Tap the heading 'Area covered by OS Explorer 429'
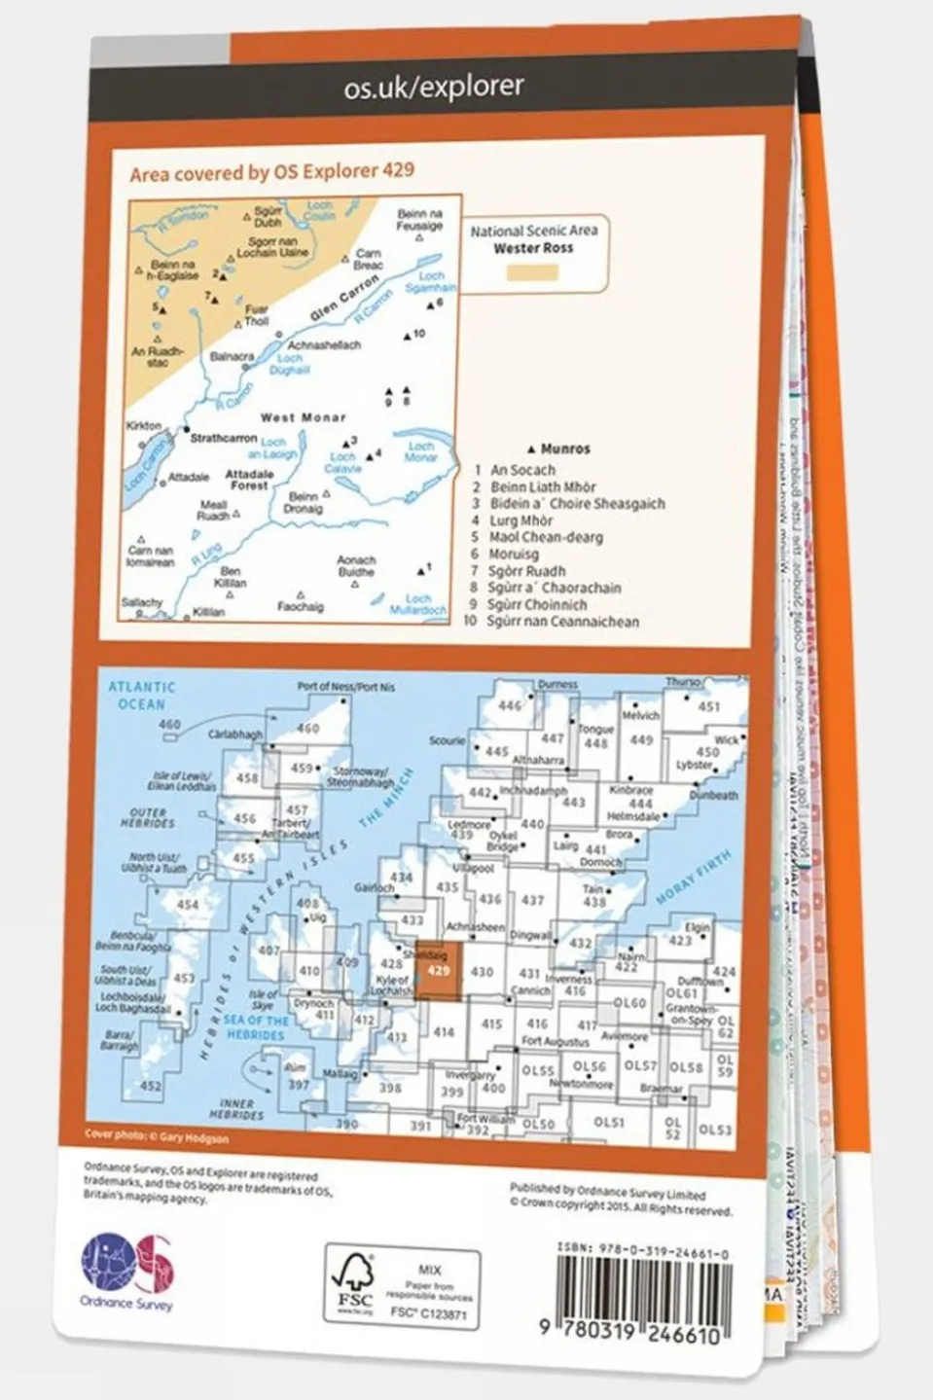271,172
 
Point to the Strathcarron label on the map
223,439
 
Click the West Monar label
303,417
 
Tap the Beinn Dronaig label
303,502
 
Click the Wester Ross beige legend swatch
532,272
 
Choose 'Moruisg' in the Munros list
515,554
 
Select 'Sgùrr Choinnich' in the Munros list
537,604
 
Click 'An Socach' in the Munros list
522,470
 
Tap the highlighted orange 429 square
439,971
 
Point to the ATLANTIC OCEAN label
142,695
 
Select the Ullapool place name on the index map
474,868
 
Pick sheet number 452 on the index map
151,1086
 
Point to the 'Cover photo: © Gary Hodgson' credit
158,1136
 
